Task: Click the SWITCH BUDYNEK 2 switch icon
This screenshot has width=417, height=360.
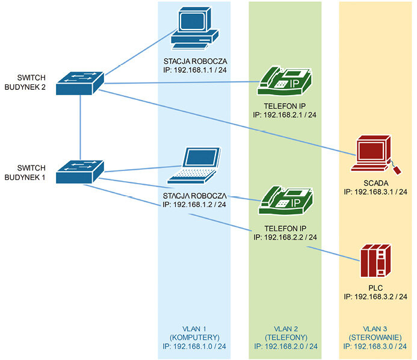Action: click(80, 83)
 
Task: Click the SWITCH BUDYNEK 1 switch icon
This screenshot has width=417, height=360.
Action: click(80, 172)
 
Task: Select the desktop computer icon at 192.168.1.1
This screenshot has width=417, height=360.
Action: click(194, 28)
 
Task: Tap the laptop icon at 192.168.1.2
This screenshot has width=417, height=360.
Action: click(194, 165)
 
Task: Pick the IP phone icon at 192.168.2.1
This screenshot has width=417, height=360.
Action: click(285, 81)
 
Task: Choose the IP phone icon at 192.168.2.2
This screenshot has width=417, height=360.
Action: click(286, 200)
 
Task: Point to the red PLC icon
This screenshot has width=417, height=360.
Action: click(375, 261)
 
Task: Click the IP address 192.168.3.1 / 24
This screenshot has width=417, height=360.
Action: click(381, 192)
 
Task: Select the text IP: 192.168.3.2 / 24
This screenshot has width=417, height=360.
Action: click(375, 297)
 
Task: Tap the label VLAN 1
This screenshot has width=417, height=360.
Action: click(194, 329)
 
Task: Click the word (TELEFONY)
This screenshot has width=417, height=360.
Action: click(286, 338)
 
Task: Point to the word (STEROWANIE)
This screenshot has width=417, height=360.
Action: click(375, 338)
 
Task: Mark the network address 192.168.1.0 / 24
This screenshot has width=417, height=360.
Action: click(200, 346)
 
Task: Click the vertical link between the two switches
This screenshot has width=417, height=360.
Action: click(80, 128)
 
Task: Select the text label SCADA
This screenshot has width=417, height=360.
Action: click(375, 183)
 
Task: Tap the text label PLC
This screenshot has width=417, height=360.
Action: click(375, 288)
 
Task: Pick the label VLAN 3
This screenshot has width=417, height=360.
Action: click(375, 329)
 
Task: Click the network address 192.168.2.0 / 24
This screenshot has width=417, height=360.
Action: click(291, 346)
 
